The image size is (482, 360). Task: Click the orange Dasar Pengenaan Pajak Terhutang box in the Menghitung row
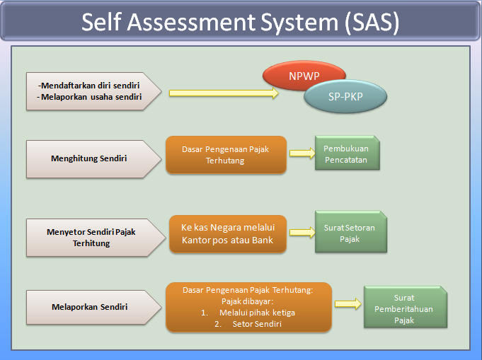(x=226, y=155)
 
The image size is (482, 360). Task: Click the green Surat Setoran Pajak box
(x=351, y=233)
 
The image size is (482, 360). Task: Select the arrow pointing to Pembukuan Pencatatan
(x=301, y=153)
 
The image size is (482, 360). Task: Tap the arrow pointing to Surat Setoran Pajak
(x=301, y=232)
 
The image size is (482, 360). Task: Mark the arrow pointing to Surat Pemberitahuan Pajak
(x=347, y=303)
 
